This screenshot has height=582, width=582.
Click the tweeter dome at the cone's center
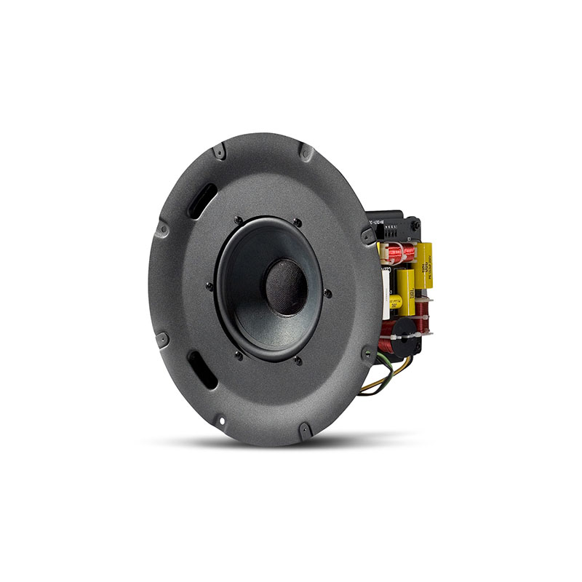coord(286,287)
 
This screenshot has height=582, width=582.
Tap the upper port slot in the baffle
coord(201,199)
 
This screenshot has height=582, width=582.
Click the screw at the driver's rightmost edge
coord(328,293)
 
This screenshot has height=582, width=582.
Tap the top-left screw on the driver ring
coord(238,220)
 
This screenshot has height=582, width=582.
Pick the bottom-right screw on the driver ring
coord(298,359)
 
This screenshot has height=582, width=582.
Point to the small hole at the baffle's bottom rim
coord(218,420)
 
